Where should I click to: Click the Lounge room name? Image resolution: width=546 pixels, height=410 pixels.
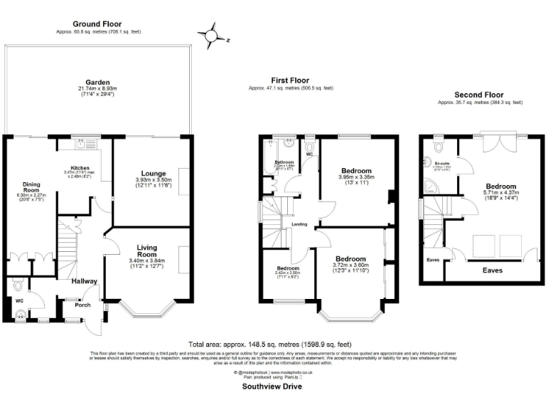click(x=154, y=174)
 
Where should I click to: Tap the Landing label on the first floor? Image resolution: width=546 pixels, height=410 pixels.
click(x=299, y=224)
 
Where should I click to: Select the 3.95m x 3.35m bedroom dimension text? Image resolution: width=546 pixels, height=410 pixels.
click(x=356, y=178)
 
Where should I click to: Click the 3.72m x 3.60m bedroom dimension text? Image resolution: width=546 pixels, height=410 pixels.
click(x=351, y=266)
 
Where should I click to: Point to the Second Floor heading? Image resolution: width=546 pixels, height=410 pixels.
click(x=480, y=95)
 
